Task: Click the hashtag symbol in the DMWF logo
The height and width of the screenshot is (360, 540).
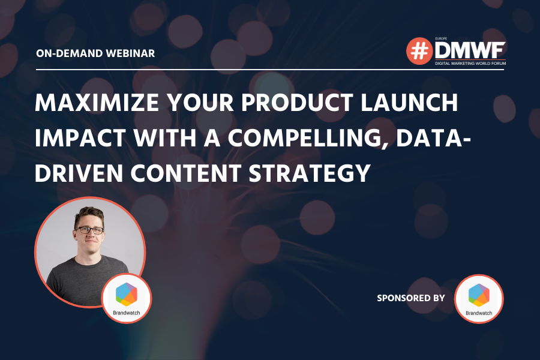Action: coord(419,51)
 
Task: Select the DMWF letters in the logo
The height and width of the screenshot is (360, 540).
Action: coord(470,51)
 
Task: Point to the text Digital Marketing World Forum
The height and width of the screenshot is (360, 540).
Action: coord(470,64)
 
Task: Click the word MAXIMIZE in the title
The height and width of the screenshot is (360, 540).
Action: coord(97,103)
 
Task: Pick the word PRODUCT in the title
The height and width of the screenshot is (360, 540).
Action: coord(297,103)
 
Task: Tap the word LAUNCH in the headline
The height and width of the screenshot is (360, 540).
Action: coord(409,103)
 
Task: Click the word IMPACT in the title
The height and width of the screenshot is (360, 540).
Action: coord(80,138)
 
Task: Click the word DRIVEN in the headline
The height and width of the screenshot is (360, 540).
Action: coord(79,173)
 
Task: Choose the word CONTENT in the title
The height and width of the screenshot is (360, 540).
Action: coord(185,173)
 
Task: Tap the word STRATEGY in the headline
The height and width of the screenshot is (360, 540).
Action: coord(310,173)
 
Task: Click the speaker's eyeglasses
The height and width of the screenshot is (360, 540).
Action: coord(89,230)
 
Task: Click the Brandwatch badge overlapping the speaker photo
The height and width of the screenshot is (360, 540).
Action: coord(127,298)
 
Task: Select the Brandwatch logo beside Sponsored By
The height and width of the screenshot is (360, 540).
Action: coord(479,299)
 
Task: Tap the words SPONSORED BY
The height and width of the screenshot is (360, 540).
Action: coord(411,298)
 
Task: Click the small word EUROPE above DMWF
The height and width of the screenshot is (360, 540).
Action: coord(441,39)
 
